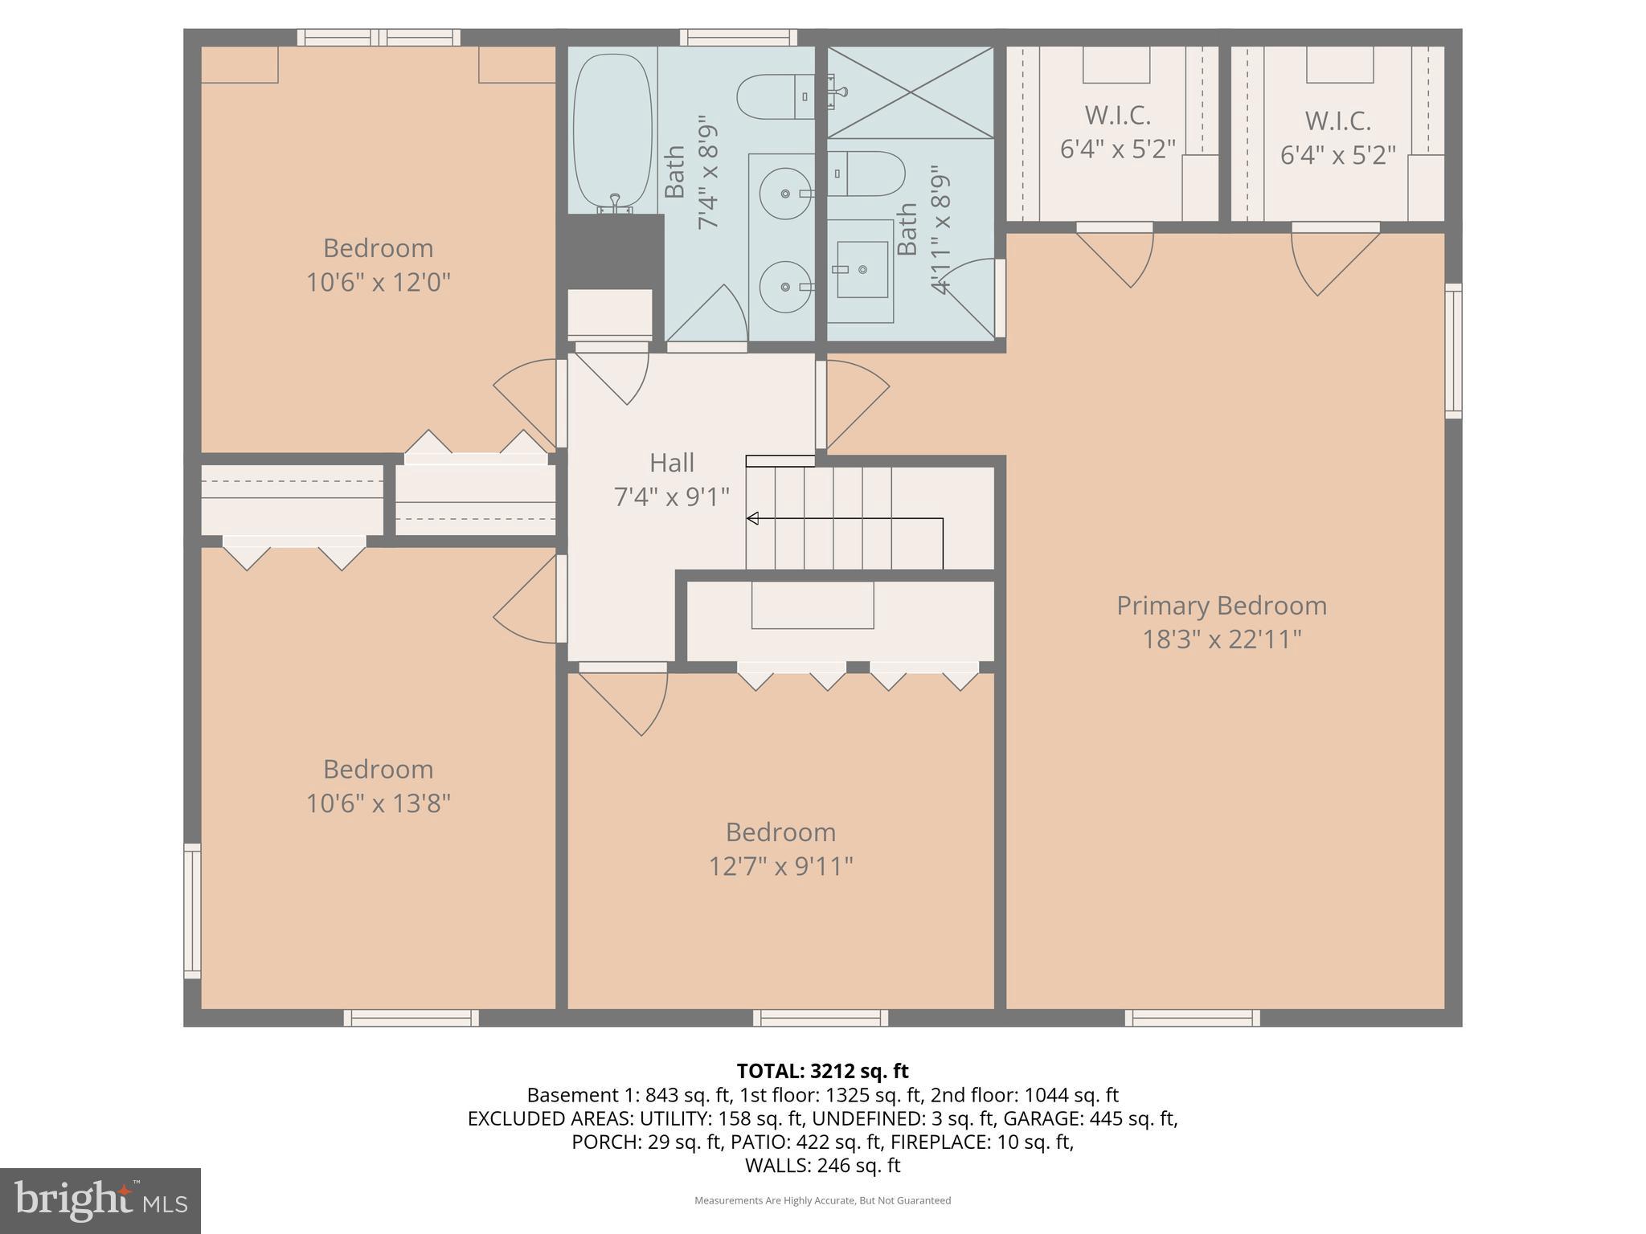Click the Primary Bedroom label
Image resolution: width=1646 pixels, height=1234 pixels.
[x=1221, y=605]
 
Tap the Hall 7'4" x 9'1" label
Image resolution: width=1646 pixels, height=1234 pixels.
[x=672, y=480]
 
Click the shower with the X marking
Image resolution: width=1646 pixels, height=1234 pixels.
[x=910, y=92]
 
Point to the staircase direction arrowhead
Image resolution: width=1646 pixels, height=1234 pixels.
[x=753, y=519]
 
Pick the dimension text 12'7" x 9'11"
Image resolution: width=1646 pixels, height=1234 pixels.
[x=780, y=866]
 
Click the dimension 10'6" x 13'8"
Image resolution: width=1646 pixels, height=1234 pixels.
[x=378, y=803]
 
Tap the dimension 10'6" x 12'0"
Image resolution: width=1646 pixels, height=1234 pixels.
[x=378, y=283]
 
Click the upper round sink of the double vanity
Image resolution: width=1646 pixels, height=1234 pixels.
[x=785, y=193]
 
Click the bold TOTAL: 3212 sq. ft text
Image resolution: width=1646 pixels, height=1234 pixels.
[x=822, y=1071]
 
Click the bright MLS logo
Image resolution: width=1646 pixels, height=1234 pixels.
[x=100, y=1200]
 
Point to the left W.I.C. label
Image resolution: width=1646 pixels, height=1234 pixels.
[x=1117, y=116]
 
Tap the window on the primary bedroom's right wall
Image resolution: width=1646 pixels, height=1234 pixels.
[x=1453, y=350]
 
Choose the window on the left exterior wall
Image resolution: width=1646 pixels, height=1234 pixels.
[x=192, y=910]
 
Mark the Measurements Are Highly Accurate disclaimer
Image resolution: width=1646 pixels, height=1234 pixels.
[x=822, y=1200]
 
